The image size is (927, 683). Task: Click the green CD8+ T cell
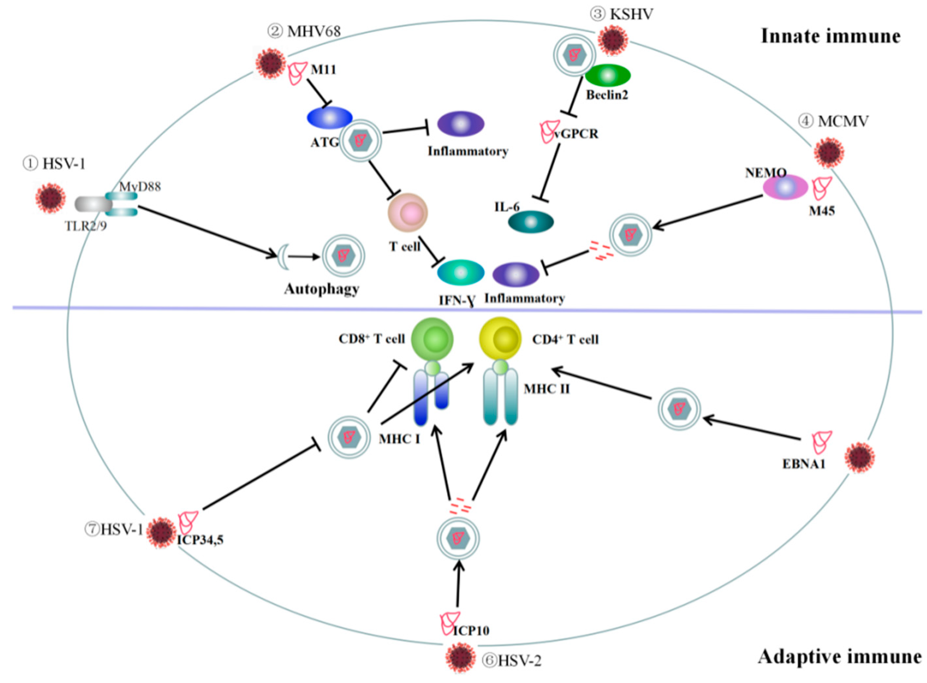click(x=432, y=339)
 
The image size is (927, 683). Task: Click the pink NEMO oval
click(x=785, y=187)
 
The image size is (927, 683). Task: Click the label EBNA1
click(x=804, y=464)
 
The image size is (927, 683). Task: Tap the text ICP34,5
click(x=200, y=540)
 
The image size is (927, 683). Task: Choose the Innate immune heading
click(x=830, y=36)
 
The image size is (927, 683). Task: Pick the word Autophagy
click(x=321, y=289)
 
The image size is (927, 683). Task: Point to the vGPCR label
click(x=576, y=134)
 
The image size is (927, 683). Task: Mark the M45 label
click(x=822, y=211)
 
